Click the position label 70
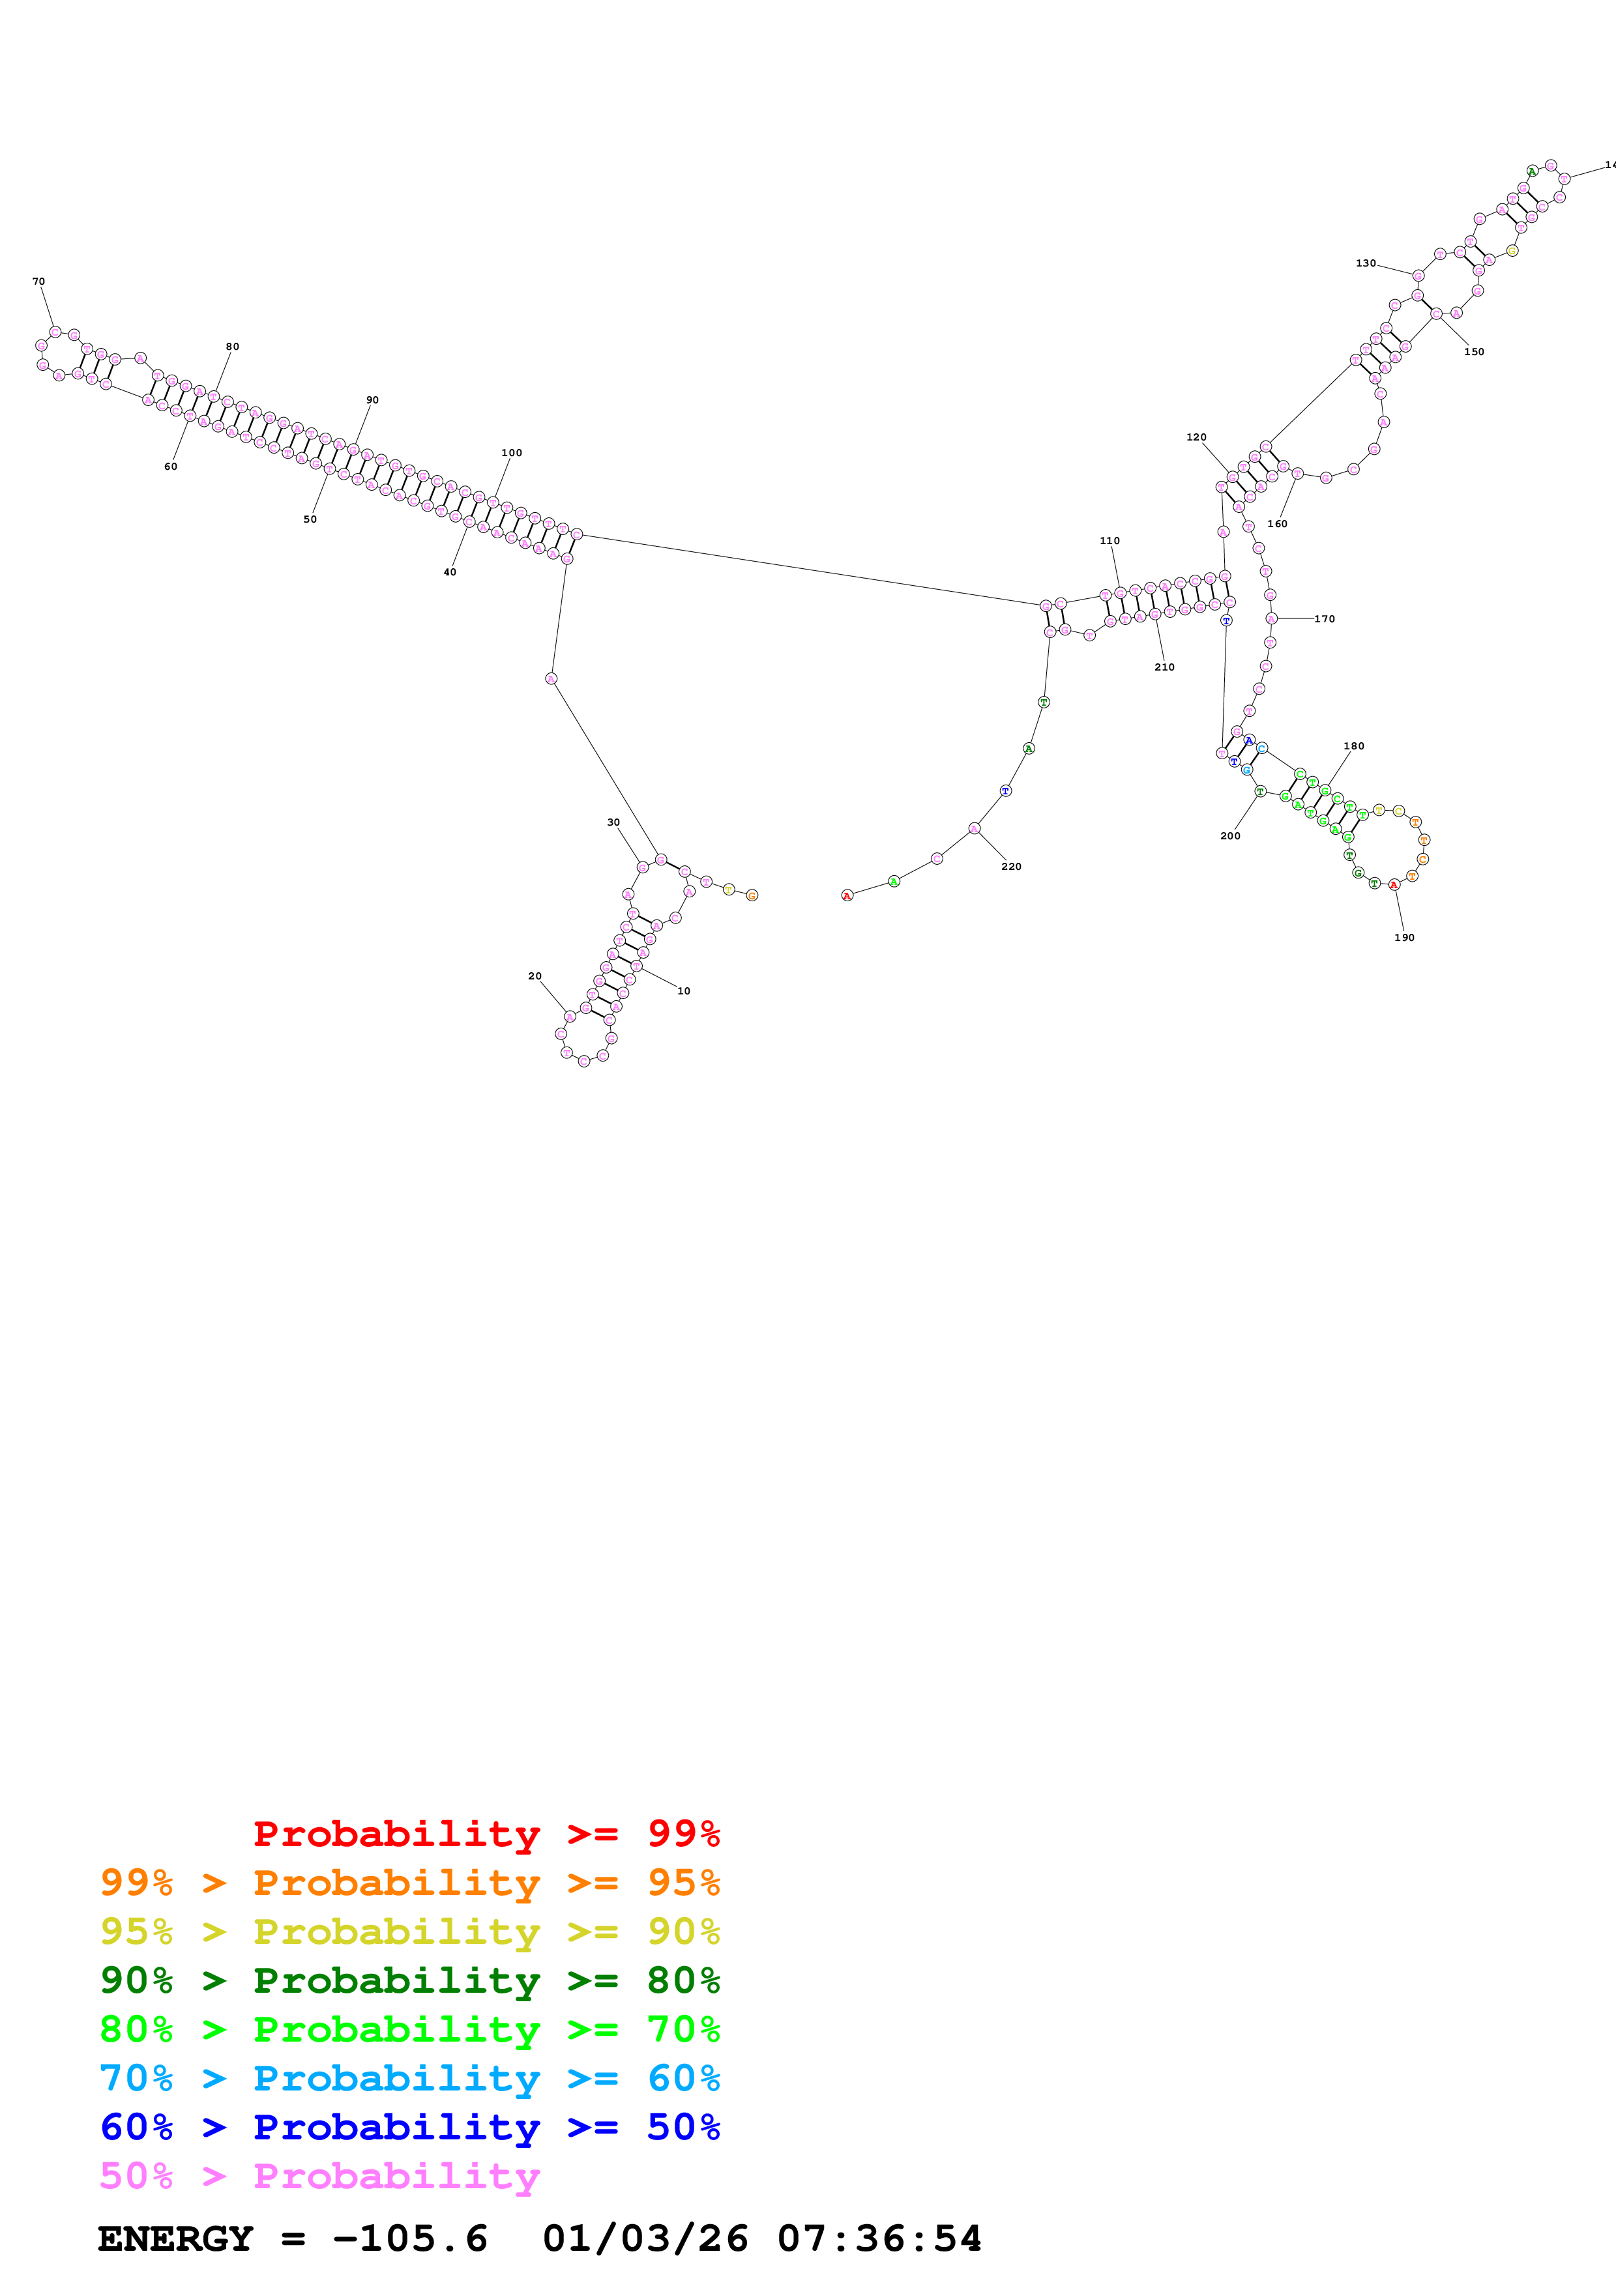(x=39, y=282)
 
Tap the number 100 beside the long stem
(x=512, y=453)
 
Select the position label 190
(x=1404, y=938)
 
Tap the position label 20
(x=535, y=977)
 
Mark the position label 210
(x=1164, y=668)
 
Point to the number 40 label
(x=450, y=573)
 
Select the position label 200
(x=1231, y=836)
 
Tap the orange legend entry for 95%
(x=409, y=1883)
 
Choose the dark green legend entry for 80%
(x=409, y=1980)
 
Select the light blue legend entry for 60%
(x=409, y=2078)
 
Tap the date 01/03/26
(x=645, y=2238)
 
